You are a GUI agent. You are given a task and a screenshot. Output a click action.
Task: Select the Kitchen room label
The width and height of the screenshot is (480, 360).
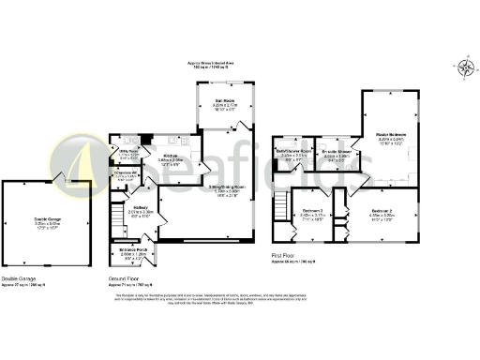coord(171,157)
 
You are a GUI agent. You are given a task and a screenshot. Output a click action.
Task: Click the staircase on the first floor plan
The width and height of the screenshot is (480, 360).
coord(280,204)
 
